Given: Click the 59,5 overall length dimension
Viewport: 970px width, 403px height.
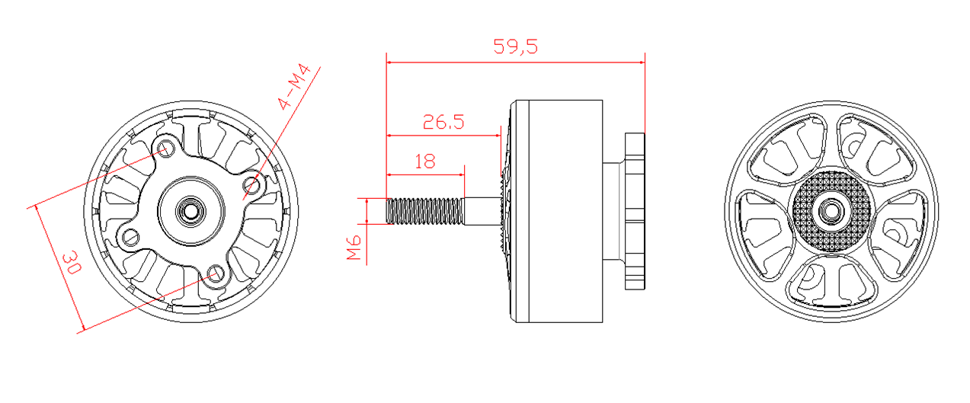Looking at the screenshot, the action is coord(515,46).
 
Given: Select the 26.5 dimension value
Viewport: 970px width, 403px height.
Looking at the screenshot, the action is coord(443,122).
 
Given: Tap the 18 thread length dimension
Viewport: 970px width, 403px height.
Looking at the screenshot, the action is coord(425,162).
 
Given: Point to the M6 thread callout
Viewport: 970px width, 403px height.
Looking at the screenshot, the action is coord(354,248).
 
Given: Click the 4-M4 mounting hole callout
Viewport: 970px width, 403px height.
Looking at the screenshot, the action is coord(294,87).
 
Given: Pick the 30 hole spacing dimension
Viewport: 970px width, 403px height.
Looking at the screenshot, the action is coord(72,262).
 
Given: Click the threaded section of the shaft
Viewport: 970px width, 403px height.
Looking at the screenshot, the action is coord(424,211).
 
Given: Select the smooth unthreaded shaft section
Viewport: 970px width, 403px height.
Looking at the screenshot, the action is coord(483,211).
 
